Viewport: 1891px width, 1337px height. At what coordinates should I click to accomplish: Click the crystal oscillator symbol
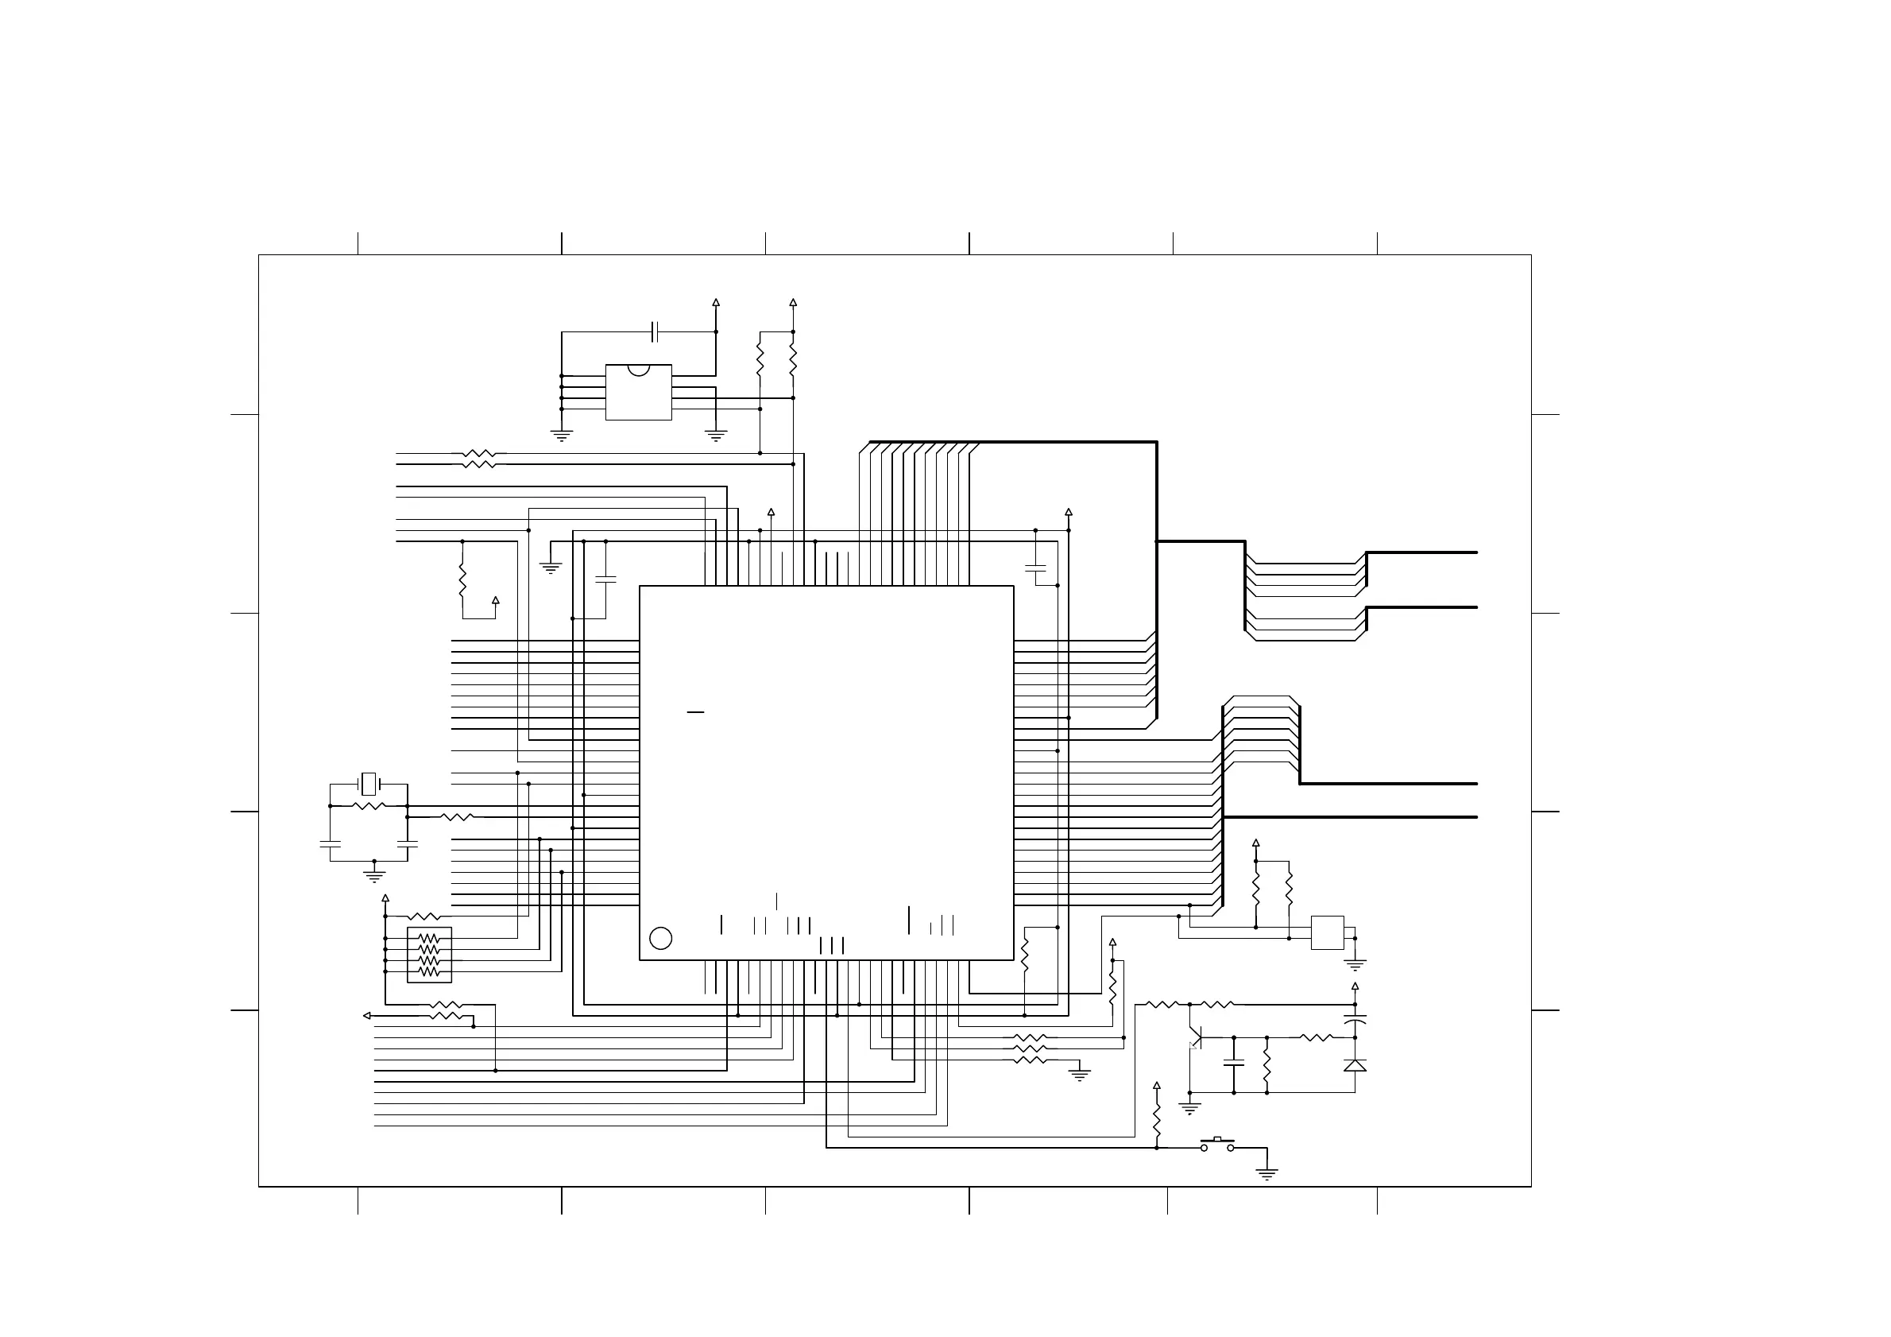tap(369, 784)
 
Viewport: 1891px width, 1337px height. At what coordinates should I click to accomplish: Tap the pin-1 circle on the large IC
tap(660, 937)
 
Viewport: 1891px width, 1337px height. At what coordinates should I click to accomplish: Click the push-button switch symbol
tap(1217, 1144)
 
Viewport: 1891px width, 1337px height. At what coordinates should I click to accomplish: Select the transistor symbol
tap(1195, 1037)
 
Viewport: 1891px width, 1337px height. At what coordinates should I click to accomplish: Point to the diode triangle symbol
tap(1355, 1065)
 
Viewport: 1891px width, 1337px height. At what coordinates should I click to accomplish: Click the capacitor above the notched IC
tap(655, 332)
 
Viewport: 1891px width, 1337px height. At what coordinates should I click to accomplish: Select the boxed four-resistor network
tap(429, 955)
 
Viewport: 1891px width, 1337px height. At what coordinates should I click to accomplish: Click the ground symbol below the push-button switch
tap(1266, 1173)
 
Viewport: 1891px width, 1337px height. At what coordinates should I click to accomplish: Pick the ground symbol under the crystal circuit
tap(375, 876)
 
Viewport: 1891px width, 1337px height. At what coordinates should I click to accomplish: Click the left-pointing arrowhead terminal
tap(367, 1016)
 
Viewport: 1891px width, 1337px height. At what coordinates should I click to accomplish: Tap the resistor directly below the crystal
tap(369, 806)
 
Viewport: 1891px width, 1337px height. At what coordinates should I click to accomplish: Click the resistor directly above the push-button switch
tap(1156, 1120)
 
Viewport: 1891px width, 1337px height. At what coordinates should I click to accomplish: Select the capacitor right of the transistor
tap(1234, 1064)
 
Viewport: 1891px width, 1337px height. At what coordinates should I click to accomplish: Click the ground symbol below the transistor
tap(1189, 1108)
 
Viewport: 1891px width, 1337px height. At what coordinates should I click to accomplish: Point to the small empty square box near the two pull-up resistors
tap(1327, 932)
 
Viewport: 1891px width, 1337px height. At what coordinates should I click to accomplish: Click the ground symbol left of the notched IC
tap(562, 435)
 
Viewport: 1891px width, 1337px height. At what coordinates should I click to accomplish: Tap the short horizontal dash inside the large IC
tap(695, 711)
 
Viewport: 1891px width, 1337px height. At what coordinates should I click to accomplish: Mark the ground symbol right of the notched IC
tap(716, 435)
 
